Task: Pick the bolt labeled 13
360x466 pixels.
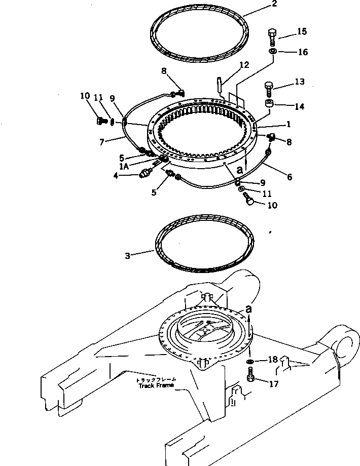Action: [x=270, y=90]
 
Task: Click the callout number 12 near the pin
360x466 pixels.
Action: [x=244, y=65]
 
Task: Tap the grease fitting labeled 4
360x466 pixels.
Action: [x=145, y=174]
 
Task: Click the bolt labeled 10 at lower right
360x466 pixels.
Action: [x=249, y=202]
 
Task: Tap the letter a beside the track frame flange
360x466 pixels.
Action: [x=248, y=308]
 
